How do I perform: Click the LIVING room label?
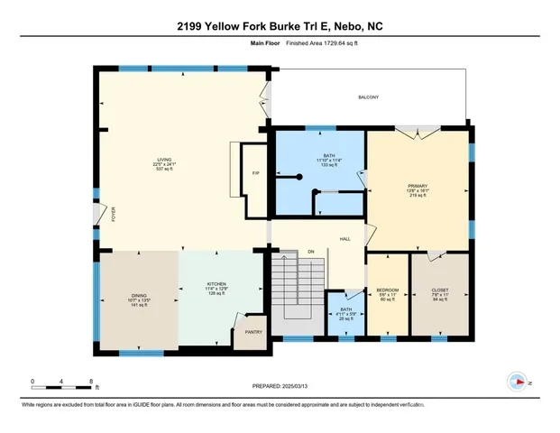click(x=164, y=160)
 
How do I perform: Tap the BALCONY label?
click(x=368, y=97)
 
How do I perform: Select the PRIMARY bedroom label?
click(x=417, y=187)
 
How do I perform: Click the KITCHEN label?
click(x=216, y=283)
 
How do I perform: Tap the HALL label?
click(x=344, y=238)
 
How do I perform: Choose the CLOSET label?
click(x=439, y=290)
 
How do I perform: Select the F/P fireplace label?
click(x=256, y=172)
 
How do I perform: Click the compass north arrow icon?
click(x=517, y=381)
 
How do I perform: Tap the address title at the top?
click(x=280, y=26)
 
